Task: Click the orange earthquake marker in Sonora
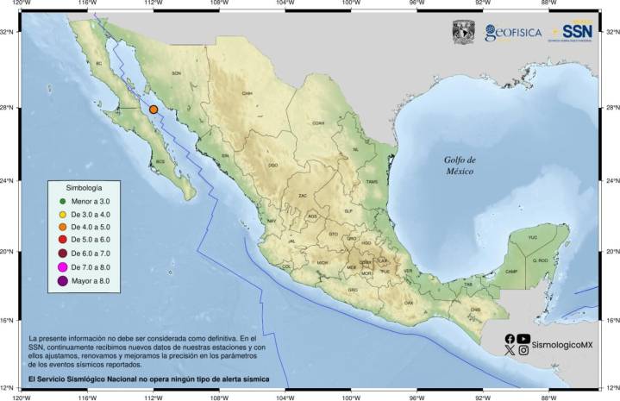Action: (153, 110)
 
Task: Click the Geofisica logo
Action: (513, 33)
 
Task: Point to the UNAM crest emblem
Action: (464, 32)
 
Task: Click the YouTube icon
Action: (523, 339)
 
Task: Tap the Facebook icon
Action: (510, 339)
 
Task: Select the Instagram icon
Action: (523, 350)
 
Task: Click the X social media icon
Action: (510, 350)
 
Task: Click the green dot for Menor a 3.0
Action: (63, 201)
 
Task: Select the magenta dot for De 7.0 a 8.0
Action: (63, 267)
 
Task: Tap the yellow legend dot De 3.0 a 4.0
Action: (63, 214)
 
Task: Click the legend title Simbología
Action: (85, 187)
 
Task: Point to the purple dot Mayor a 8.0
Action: (63, 281)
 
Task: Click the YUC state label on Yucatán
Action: (532, 236)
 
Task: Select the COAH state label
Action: (318, 123)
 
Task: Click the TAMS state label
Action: (372, 182)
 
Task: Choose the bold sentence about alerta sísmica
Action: (149, 378)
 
